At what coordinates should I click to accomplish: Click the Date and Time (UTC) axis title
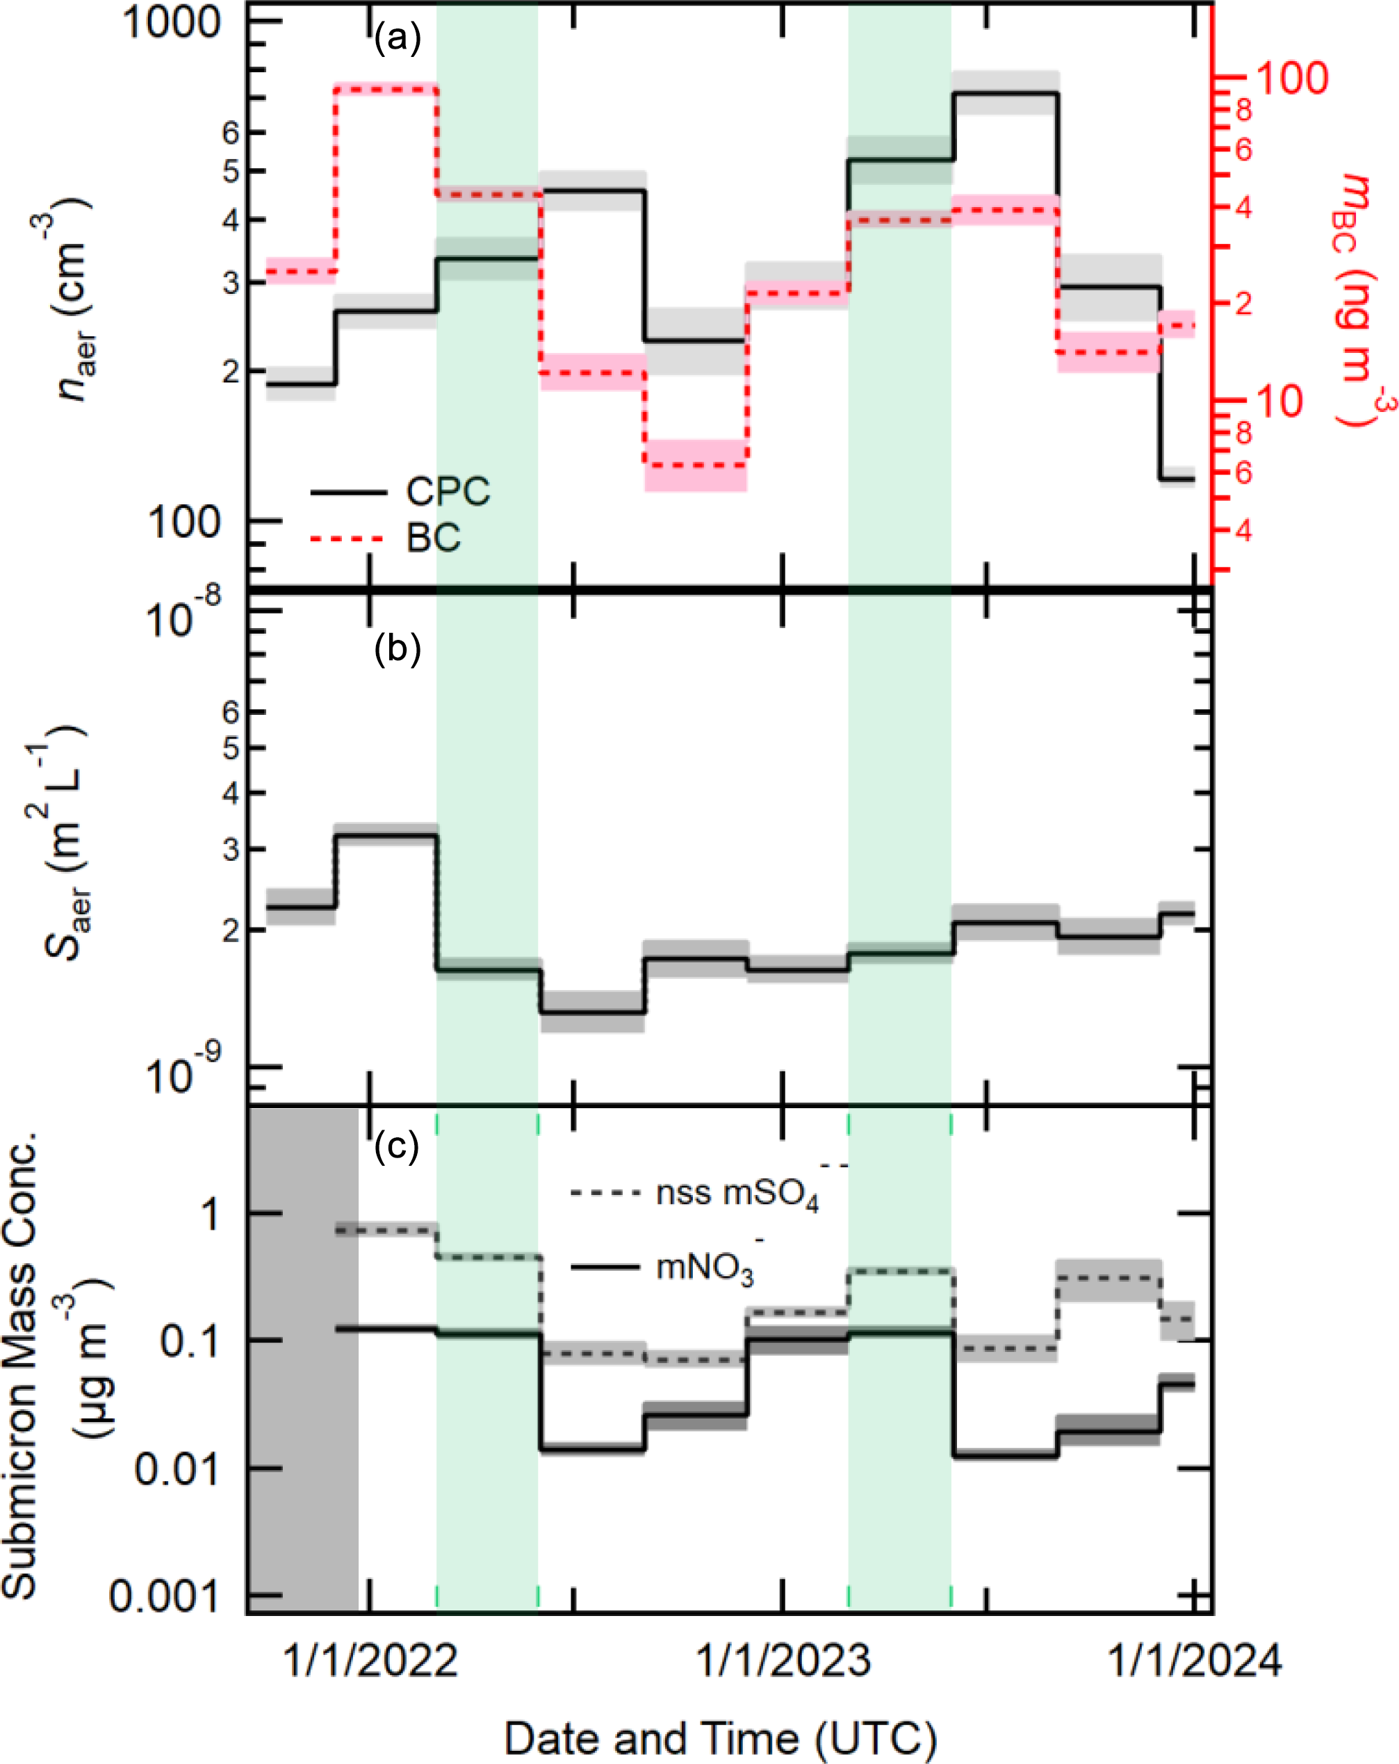tap(721, 1738)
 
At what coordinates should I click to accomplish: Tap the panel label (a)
tap(397, 38)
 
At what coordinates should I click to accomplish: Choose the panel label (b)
tap(397, 649)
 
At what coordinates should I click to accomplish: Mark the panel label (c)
tap(396, 1146)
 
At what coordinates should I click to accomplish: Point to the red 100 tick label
tap(1292, 79)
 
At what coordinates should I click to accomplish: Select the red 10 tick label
tap(1279, 401)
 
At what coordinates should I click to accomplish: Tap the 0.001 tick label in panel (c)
tap(165, 1594)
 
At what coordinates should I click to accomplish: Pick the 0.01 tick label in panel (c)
tap(177, 1469)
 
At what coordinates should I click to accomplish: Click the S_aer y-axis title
tap(65, 843)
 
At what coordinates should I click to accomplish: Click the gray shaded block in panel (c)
tap(304, 1358)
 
